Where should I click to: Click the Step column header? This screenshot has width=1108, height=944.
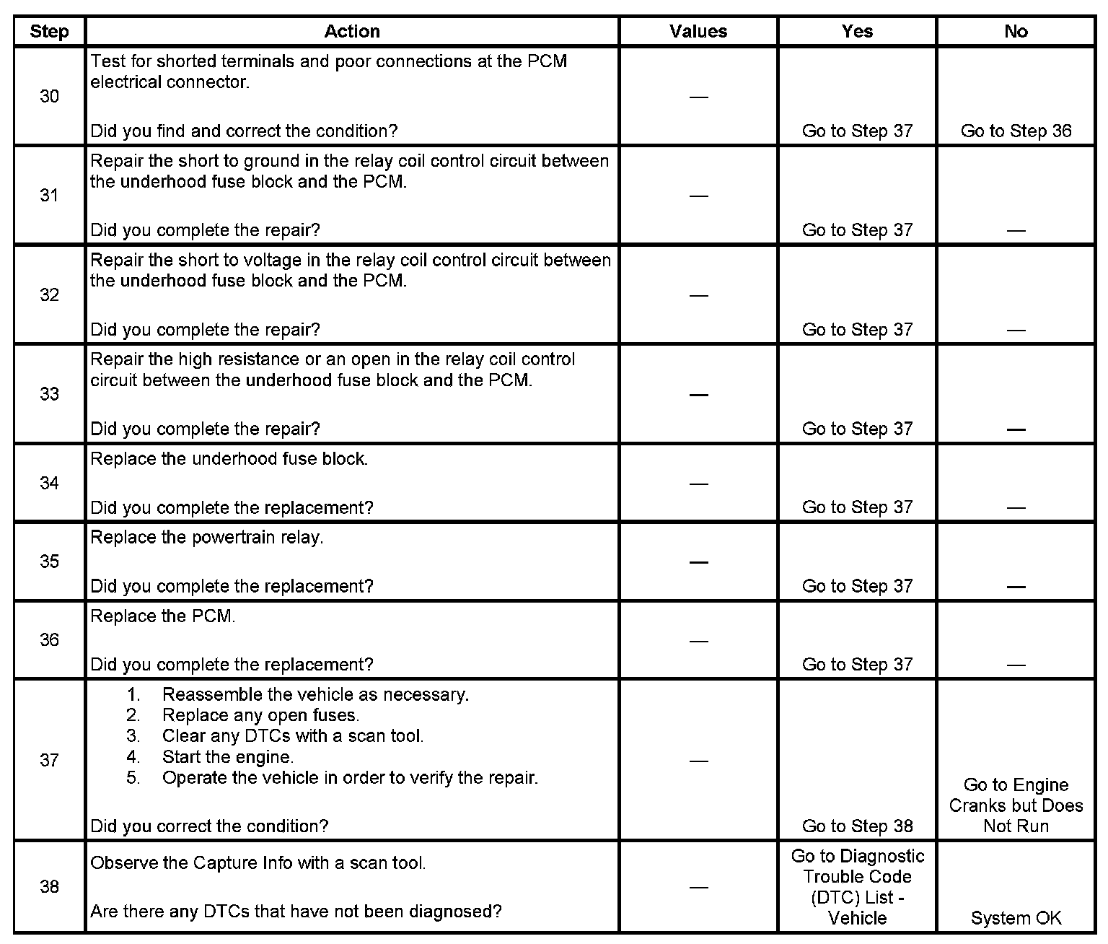pyautogui.click(x=49, y=32)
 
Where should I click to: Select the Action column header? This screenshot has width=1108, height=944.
pyautogui.click(x=352, y=31)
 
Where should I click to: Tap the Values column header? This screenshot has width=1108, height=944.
pyautogui.click(x=698, y=31)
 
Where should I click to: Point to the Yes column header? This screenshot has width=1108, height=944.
pyautogui.click(x=857, y=31)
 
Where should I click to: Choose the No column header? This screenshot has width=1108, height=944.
pyautogui.click(x=1016, y=31)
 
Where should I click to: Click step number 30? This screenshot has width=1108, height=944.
pyautogui.click(x=49, y=96)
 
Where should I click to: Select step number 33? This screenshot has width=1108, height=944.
pyautogui.click(x=49, y=394)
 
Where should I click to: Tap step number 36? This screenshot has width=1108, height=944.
pyautogui.click(x=49, y=640)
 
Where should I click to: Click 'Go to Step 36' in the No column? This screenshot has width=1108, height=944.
pyautogui.click(x=1016, y=131)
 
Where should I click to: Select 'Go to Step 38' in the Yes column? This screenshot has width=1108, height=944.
pyautogui.click(x=857, y=826)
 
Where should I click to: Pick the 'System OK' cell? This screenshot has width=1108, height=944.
pyautogui.click(x=1016, y=918)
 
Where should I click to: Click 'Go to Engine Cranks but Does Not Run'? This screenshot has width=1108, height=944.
pyautogui.click(x=1016, y=805)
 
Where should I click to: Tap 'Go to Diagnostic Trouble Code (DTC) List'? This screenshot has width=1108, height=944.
pyautogui.click(x=857, y=887)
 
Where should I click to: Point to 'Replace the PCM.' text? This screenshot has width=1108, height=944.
pyautogui.click(x=163, y=616)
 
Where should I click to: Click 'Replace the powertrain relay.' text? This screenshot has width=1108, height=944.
pyautogui.click(x=207, y=538)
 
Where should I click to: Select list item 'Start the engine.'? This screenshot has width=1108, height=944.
pyautogui.click(x=228, y=757)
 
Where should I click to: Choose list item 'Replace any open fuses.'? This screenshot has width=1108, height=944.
pyautogui.click(x=260, y=715)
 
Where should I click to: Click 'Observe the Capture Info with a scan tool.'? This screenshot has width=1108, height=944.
pyautogui.click(x=258, y=863)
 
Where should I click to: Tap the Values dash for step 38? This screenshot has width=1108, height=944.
pyautogui.click(x=698, y=887)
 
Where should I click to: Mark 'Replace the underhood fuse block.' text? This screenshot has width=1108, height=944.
pyautogui.click(x=229, y=459)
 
